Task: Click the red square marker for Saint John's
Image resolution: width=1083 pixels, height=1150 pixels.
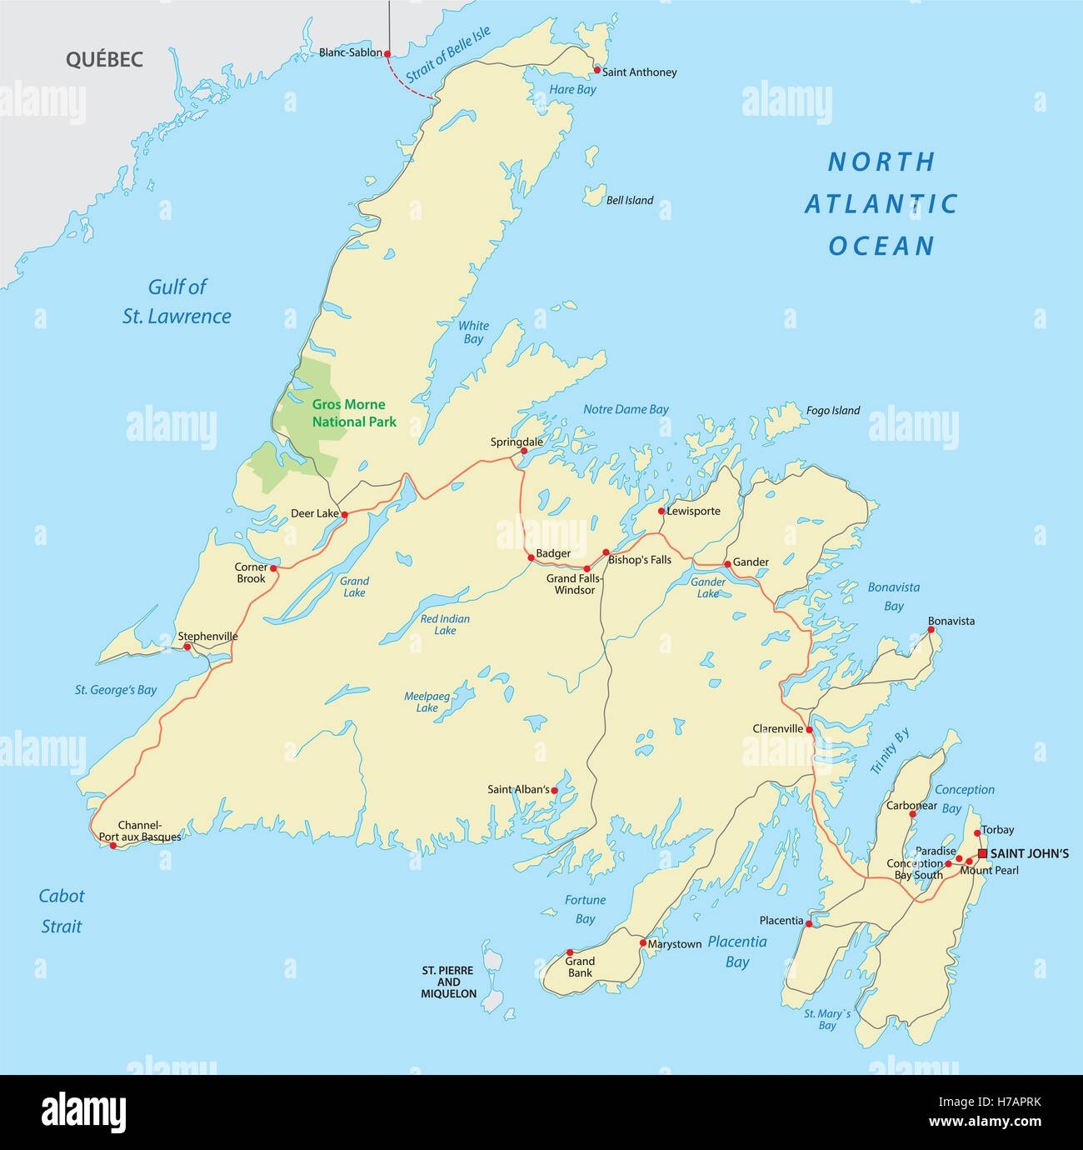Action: pyautogui.click(x=983, y=853)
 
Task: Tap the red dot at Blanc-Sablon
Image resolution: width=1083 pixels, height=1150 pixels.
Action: pyautogui.click(x=387, y=52)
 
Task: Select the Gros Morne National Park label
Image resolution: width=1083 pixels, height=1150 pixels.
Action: pyautogui.click(x=354, y=413)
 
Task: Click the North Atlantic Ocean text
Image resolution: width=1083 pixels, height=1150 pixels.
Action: pyautogui.click(x=881, y=203)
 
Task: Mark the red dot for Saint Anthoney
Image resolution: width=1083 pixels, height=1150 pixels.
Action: pyautogui.click(x=596, y=70)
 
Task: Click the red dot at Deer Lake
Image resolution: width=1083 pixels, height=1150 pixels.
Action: pyautogui.click(x=344, y=514)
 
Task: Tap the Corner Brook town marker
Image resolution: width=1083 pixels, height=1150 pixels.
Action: pyautogui.click(x=272, y=567)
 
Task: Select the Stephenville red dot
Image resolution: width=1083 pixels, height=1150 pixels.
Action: pyautogui.click(x=187, y=647)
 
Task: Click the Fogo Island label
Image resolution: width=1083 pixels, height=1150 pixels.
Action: pyautogui.click(x=832, y=411)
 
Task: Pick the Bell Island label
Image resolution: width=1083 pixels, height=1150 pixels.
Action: pyautogui.click(x=630, y=201)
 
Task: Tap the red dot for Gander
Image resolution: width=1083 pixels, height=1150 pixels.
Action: pyautogui.click(x=727, y=564)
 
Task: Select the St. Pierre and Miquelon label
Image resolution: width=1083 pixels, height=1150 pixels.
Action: pyautogui.click(x=448, y=982)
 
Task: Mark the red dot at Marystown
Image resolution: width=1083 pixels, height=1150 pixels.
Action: pyautogui.click(x=642, y=943)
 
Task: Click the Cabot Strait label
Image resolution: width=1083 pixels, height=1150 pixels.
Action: pyautogui.click(x=62, y=911)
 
